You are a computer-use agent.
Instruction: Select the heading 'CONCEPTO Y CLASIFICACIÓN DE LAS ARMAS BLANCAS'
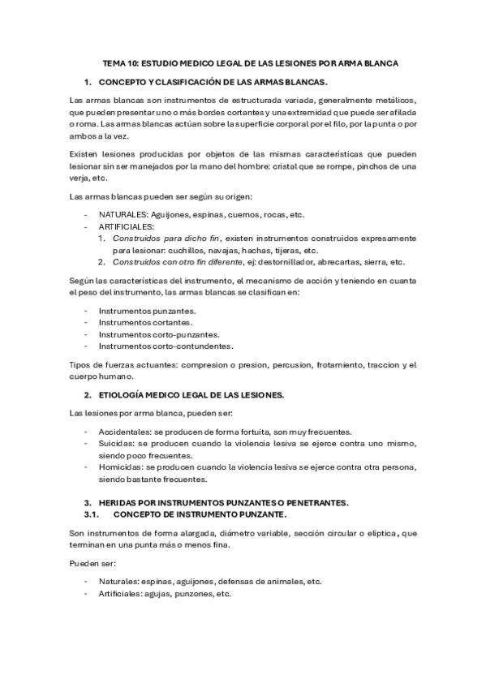212,83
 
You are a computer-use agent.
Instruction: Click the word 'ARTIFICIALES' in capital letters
127,226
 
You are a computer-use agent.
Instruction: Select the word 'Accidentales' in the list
123,431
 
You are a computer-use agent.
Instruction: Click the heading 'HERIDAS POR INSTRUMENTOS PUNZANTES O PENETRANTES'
223,503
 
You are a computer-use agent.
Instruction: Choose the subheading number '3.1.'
92,515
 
